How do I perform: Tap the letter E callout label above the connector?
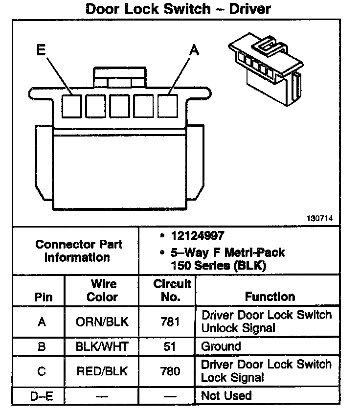pos(42,50)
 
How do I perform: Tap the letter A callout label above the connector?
pos(194,50)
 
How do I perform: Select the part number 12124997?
pos(198,236)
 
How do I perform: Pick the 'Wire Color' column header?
pos(102,290)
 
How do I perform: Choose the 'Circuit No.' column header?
pos(168,290)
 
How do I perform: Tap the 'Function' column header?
pos(270,297)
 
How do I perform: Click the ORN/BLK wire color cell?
pos(102,322)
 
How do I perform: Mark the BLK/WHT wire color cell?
pos(102,347)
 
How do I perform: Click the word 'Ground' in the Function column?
pos(221,347)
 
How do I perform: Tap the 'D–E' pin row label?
pos(42,395)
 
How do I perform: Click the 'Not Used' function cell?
pos(226,395)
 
